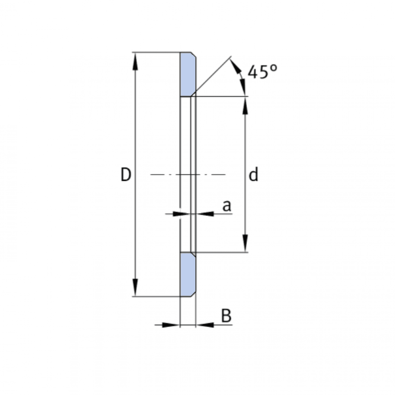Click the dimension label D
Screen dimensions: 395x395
[126, 175]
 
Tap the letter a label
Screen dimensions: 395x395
[227, 206]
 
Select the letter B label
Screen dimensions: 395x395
[226, 316]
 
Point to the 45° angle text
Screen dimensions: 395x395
[262, 72]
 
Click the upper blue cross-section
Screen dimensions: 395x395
[188, 74]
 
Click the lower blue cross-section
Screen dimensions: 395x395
[188, 275]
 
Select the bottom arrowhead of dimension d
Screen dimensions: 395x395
[245, 244]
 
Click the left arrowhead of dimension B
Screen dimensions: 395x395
[171, 325]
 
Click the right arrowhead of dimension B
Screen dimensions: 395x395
[204, 325]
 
